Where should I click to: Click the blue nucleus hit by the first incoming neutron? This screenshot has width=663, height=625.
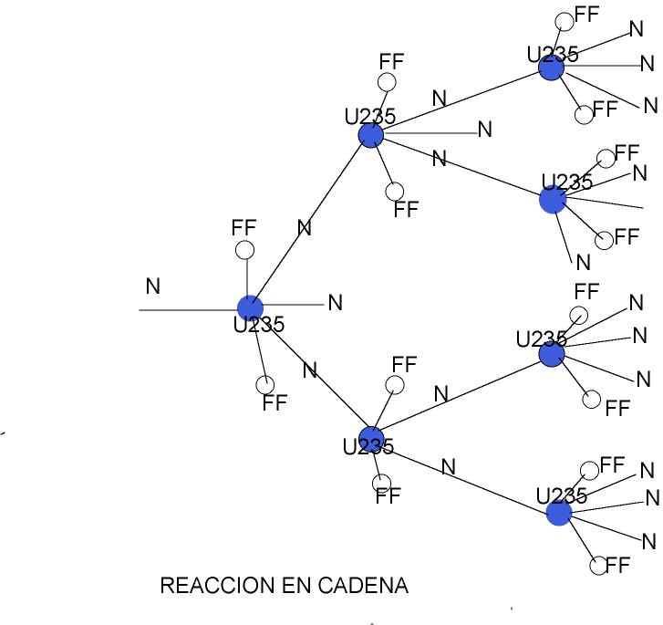(x=250, y=308)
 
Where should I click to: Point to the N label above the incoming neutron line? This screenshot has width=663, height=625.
(x=153, y=286)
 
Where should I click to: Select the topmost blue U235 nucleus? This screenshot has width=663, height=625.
(x=551, y=67)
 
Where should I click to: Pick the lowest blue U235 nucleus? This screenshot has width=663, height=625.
(x=559, y=513)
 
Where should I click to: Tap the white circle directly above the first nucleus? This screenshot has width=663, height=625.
(x=244, y=250)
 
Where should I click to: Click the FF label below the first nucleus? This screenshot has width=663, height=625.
(x=275, y=403)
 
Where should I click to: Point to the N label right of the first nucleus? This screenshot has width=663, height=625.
(x=335, y=303)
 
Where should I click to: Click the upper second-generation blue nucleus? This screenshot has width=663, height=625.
(x=370, y=135)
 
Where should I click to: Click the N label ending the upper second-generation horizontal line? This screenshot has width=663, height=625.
(x=485, y=130)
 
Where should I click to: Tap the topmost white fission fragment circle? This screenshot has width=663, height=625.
(x=565, y=21)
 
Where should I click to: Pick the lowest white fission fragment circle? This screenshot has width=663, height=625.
(x=599, y=566)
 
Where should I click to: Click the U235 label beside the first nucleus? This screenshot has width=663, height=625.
(x=259, y=325)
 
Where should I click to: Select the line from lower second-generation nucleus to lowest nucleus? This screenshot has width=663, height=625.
(x=465, y=475)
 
